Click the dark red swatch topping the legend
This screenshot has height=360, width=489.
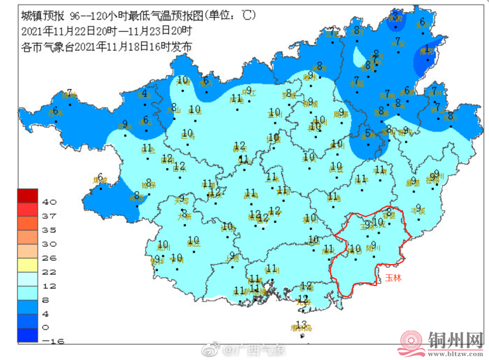(x=29, y=195)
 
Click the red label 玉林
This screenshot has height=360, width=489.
(x=393, y=278)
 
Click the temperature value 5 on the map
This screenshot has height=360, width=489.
(x=368, y=133)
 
